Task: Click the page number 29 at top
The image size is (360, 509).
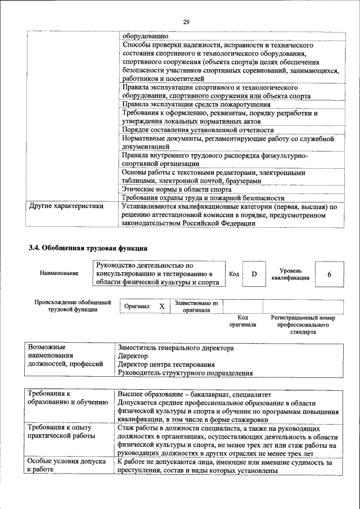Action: pyautogui.click(x=186, y=22)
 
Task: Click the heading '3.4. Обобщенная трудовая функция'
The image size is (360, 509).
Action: pyautogui.click(x=88, y=247)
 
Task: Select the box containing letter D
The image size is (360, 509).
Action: pyautogui.click(x=254, y=274)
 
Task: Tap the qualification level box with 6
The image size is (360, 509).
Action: pyautogui.click(x=329, y=274)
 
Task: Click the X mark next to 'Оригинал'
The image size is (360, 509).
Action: pyautogui.click(x=161, y=306)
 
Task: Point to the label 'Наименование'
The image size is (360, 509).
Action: pyautogui.click(x=59, y=273)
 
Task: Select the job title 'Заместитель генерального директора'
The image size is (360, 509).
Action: pyautogui.click(x=175, y=348)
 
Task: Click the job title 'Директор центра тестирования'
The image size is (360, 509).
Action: pyautogui.click(x=166, y=364)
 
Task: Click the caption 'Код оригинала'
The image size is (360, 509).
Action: pyautogui.click(x=242, y=321)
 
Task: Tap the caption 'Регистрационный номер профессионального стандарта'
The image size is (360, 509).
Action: pyautogui.click(x=303, y=325)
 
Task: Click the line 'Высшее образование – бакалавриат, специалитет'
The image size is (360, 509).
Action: pyautogui.click(x=194, y=394)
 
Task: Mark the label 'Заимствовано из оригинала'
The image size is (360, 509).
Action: pyautogui.click(x=196, y=306)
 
